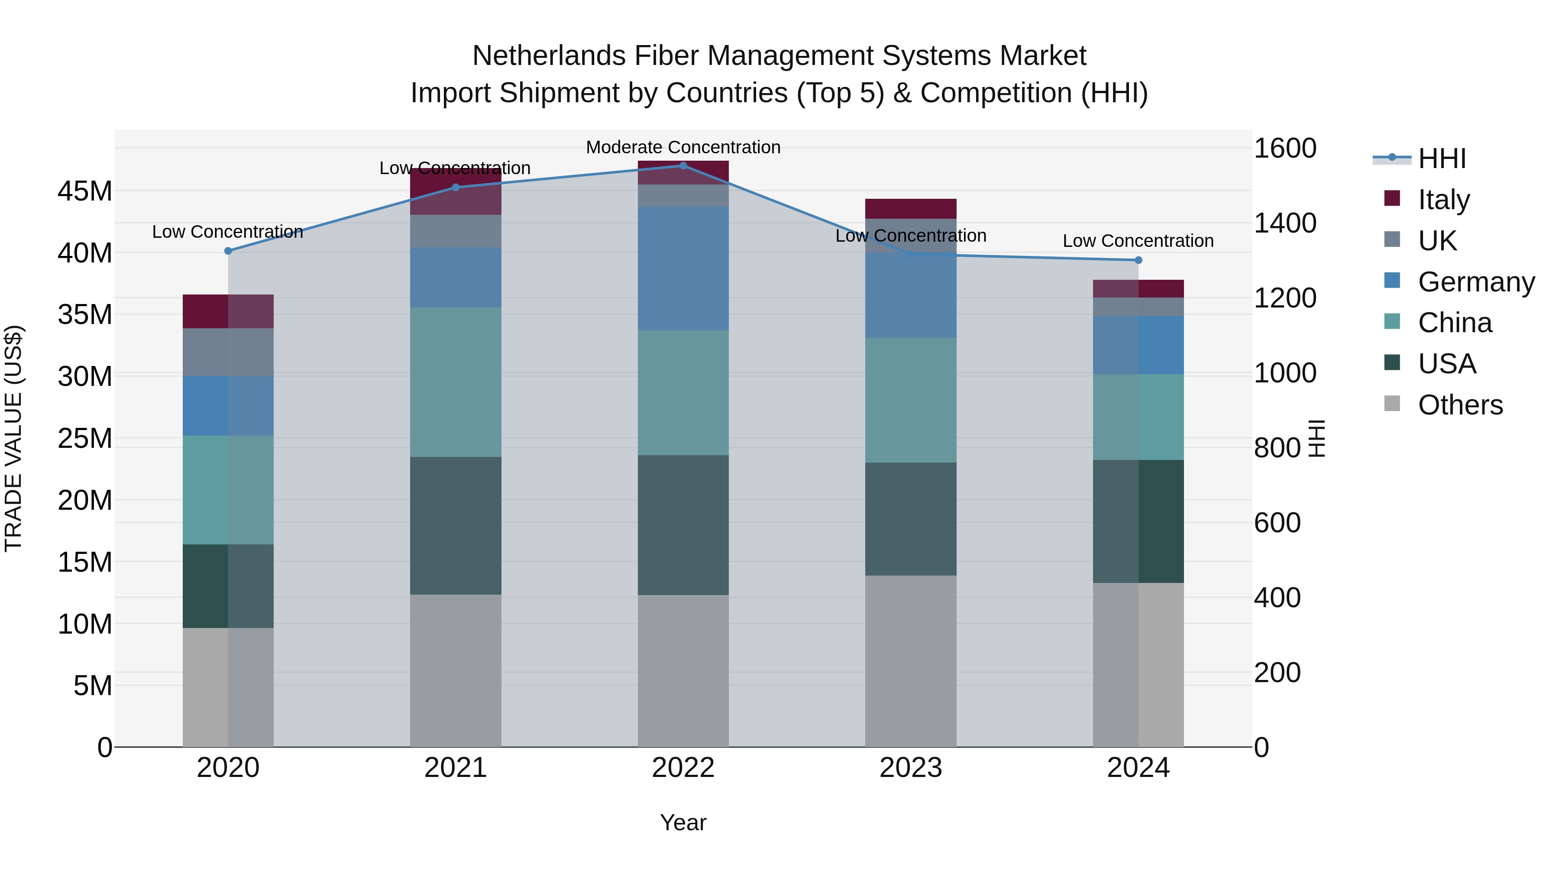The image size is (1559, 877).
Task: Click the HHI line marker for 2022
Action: point(683,165)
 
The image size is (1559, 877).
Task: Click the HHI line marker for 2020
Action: point(228,251)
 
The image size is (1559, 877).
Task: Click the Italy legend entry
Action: point(1443,199)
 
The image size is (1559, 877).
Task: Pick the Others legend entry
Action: point(1460,405)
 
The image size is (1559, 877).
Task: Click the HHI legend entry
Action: point(1442,159)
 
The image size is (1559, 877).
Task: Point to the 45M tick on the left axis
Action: point(85,191)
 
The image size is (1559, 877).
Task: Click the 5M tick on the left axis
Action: point(92,685)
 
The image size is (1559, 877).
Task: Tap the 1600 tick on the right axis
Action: point(1284,148)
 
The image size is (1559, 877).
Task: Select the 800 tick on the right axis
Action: point(1277,448)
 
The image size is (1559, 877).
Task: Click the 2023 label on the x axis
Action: point(910,767)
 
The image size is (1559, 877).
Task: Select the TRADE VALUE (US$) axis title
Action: point(13,438)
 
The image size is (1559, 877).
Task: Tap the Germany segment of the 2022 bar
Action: point(683,268)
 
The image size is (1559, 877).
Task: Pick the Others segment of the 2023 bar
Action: point(910,660)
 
